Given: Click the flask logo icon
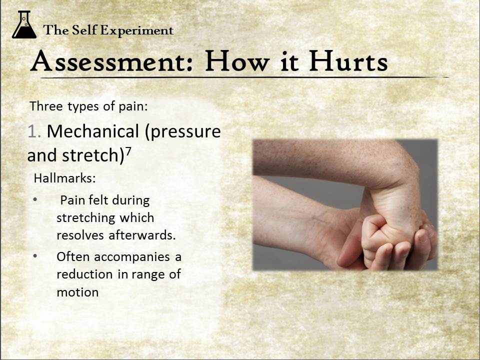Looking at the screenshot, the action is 24,24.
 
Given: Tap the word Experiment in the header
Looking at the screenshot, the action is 137,30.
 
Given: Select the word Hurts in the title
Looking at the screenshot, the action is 348,61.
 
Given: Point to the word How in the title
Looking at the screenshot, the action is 237,61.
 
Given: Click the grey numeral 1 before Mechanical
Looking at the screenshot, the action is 33,131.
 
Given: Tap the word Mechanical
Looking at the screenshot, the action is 93,131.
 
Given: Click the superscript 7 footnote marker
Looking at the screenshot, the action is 128,151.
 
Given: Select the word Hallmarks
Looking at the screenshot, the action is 64,178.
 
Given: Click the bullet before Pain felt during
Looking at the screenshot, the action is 35,200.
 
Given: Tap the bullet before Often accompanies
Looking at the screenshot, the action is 35,256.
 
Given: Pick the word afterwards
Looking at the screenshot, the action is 142,235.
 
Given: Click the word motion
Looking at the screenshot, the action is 78,292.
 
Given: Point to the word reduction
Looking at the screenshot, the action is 84,274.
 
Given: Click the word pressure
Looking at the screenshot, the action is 183,132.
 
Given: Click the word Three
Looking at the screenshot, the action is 46,106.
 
